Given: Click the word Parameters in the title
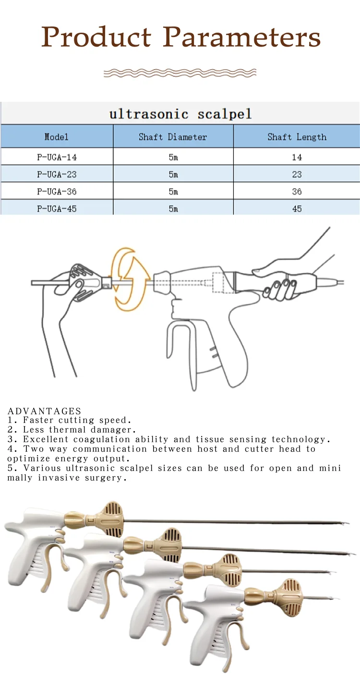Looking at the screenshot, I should (x=242, y=37).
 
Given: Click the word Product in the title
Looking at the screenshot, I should (x=96, y=37).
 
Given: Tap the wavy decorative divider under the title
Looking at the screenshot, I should (x=180, y=73).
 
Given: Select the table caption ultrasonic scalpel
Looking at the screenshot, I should (x=180, y=114).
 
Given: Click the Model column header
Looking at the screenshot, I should (x=57, y=137).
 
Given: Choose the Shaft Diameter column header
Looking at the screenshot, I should (x=173, y=137).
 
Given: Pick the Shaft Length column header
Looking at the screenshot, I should (x=297, y=137).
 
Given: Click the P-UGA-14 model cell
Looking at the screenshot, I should (x=57, y=157).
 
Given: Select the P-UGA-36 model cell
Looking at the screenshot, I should (x=57, y=192).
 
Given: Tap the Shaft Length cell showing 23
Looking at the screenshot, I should (x=297, y=175).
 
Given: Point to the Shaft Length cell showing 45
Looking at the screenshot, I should (x=297, y=209).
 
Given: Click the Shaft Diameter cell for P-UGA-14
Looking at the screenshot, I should (x=173, y=157).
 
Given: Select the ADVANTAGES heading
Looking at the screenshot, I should (x=45, y=411).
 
